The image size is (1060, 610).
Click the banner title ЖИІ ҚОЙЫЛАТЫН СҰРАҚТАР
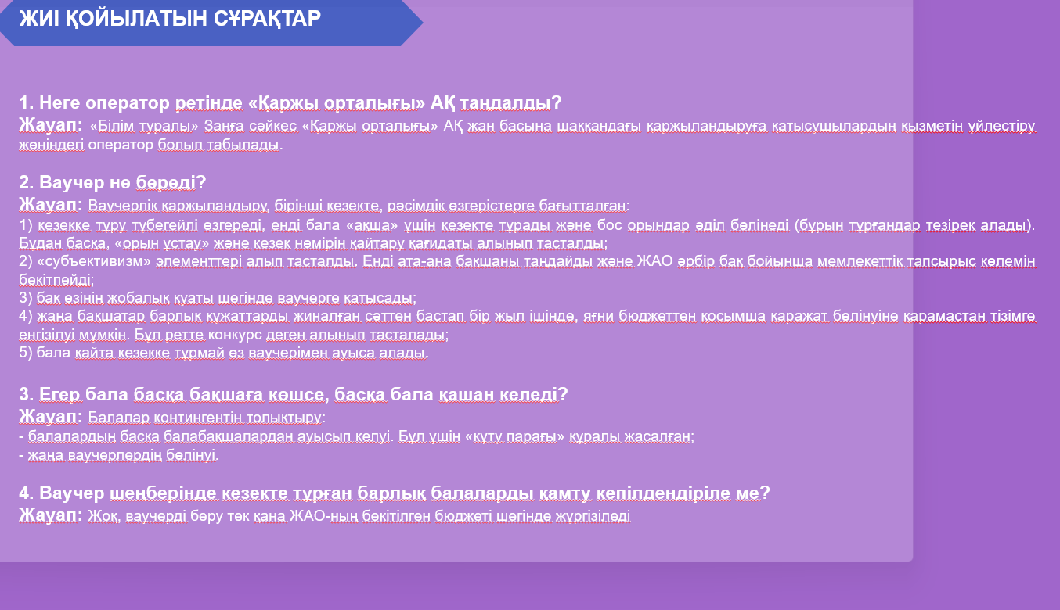(170, 19)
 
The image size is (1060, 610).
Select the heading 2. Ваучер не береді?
(113, 182)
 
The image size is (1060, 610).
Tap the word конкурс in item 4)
(235, 334)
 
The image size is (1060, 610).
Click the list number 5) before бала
(26, 353)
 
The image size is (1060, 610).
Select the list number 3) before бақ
(26, 298)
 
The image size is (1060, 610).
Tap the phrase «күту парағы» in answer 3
(515, 436)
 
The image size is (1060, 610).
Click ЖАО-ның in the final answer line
(323, 516)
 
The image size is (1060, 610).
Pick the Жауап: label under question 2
(51, 205)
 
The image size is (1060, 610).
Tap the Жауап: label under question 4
(51, 515)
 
